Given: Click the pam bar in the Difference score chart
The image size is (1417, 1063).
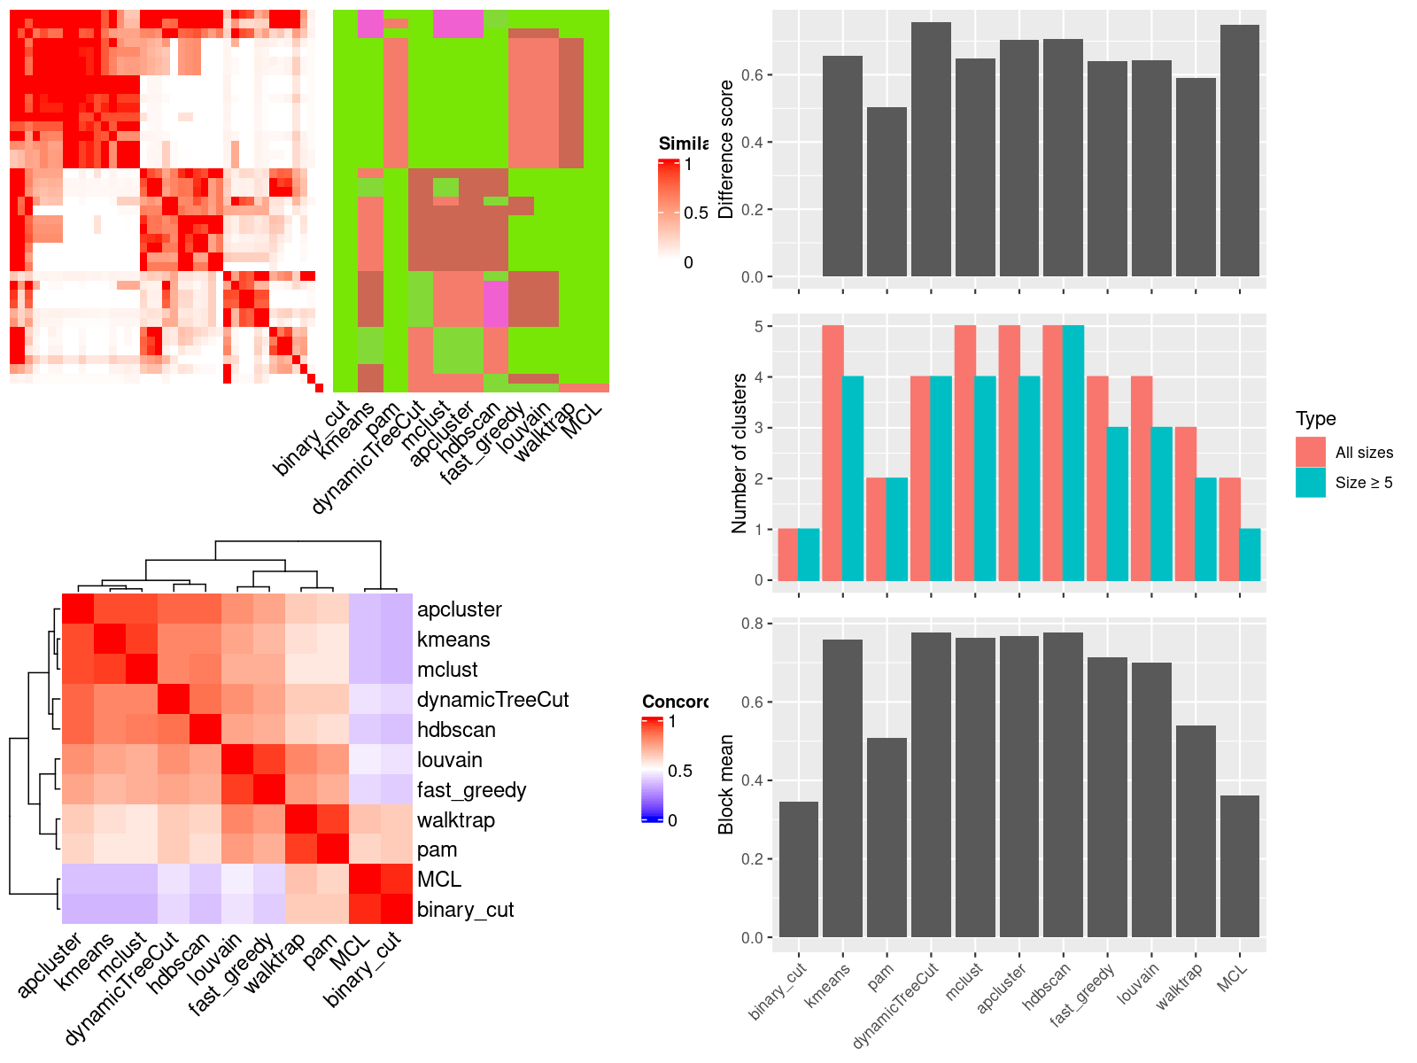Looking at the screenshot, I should [887, 192].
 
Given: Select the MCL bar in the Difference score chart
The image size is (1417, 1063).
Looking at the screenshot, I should [1240, 151].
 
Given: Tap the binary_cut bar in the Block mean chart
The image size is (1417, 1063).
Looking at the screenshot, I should [799, 869].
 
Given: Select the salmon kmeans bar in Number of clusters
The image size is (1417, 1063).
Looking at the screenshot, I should [832, 454].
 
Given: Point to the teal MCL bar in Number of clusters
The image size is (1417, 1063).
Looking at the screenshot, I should [1250, 555].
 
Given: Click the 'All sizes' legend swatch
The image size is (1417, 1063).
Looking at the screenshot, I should [1311, 452].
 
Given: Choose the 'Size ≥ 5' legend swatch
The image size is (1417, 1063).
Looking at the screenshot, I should [1311, 482].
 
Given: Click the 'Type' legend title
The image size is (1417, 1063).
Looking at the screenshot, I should [1316, 419].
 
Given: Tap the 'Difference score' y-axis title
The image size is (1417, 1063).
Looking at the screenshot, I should [726, 149].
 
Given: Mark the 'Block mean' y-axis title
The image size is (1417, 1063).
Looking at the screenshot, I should [726, 784].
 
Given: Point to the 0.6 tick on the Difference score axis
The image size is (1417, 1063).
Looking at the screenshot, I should [753, 75].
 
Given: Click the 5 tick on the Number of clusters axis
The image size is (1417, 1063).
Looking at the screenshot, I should [758, 327].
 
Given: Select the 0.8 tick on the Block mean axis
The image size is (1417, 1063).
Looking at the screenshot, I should [753, 624].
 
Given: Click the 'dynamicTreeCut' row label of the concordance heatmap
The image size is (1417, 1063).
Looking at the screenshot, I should [492, 700].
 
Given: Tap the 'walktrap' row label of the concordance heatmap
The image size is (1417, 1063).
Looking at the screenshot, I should [456, 820].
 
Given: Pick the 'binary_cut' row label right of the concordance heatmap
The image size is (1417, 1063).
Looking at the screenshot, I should [465, 910].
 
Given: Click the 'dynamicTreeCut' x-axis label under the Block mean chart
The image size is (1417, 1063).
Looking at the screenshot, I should [896, 1005].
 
